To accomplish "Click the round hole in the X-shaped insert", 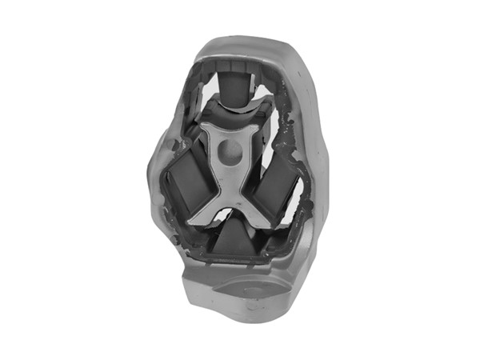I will [230, 150].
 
